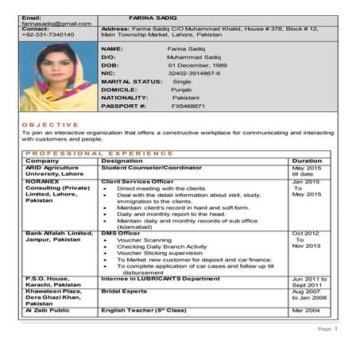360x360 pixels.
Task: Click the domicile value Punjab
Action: click(x=183, y=90)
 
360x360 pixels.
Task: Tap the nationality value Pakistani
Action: click(x=186, y=98)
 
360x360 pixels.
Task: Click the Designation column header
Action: click(x=122, y=161)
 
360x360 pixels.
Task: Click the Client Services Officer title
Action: click(x=137, y=182)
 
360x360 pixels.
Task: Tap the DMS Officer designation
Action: click(x=120, y=233)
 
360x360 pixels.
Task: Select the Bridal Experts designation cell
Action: click(x=126, y=292)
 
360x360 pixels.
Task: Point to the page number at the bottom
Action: click(x=335, y=328)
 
